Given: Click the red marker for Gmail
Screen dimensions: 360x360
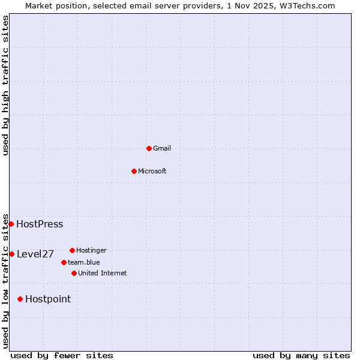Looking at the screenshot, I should coord(149,148).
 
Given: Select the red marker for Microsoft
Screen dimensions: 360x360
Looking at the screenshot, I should coord(134,171).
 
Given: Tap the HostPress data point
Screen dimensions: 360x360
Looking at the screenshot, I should coord(11,224).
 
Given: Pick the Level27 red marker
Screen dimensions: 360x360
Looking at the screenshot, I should coord(11,254).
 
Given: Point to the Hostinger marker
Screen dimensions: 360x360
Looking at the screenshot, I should coord(72,250).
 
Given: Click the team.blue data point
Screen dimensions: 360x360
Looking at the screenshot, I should coord(64,262).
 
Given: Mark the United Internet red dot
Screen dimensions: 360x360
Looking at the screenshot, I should coord(74,273).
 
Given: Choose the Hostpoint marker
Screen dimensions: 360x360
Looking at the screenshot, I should coord(20,299).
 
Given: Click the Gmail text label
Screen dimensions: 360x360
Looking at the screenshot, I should coord(162,148).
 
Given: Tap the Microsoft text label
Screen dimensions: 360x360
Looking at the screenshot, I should coord(152,171).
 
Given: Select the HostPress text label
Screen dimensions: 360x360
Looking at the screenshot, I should coord(40,224).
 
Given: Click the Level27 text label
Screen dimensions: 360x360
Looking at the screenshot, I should coord(35,254).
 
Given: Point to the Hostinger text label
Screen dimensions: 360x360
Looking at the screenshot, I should coord(91,250).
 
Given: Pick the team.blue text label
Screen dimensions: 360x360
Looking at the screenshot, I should coord(84,262).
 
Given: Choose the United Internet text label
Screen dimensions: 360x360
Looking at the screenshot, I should coord(103,273).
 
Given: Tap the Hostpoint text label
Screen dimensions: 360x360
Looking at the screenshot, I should coord(48,299).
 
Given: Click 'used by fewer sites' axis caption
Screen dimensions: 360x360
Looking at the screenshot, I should coord(62,355).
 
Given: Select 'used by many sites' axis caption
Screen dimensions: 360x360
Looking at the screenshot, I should coord(301,355).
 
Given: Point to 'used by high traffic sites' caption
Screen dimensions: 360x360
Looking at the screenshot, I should coord(5,85).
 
